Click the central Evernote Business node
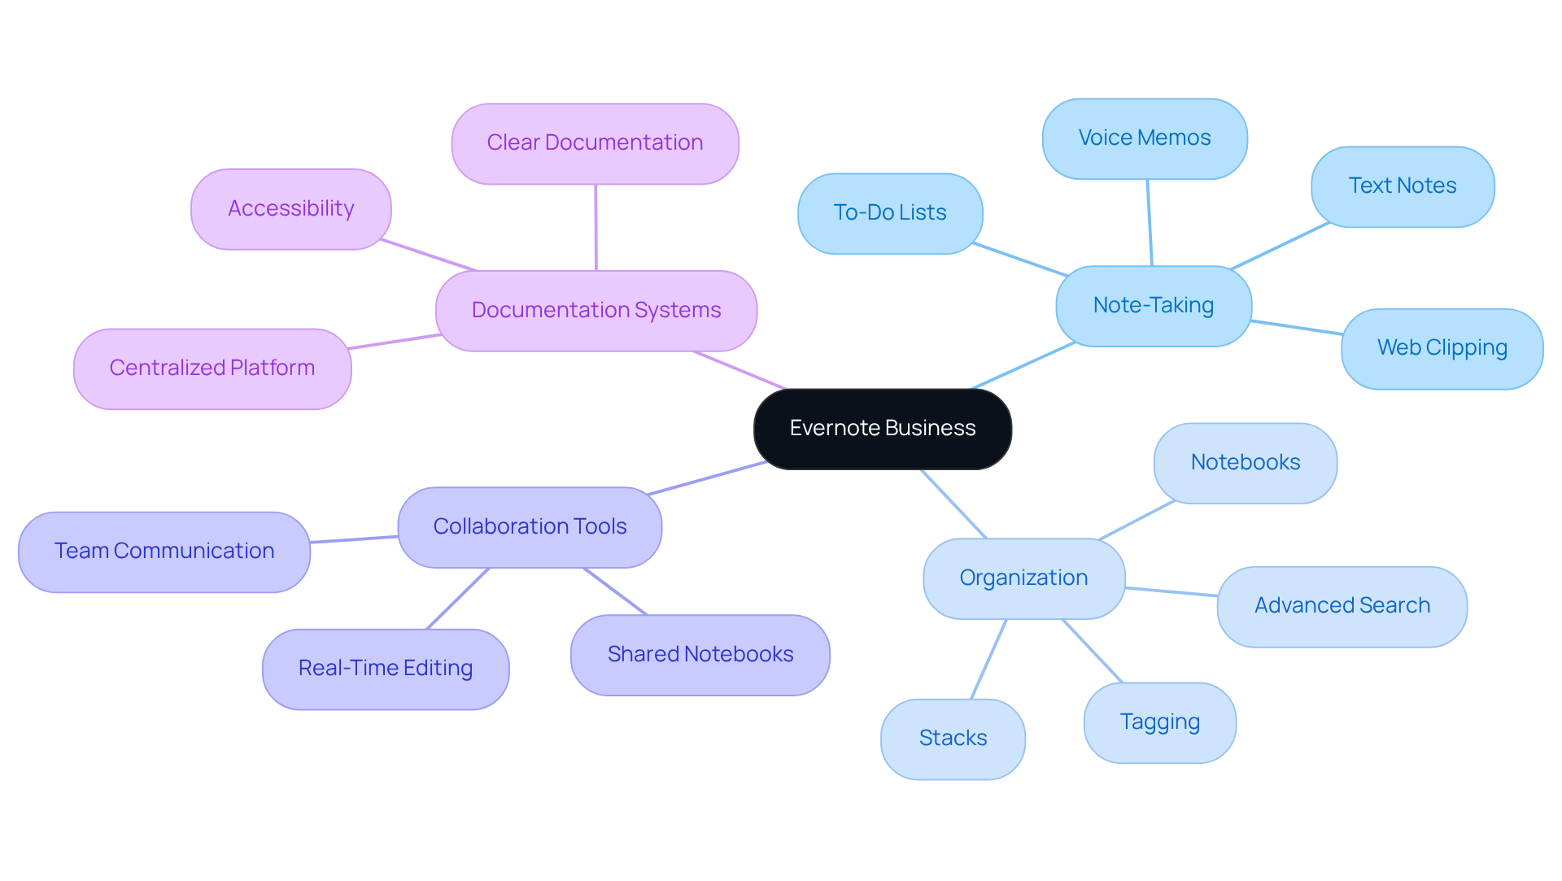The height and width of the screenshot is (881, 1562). (882, 429)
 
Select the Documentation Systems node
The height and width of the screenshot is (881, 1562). (596, 311)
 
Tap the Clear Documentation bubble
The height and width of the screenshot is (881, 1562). (595, 143)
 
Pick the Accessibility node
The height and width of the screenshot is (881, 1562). (290, 209)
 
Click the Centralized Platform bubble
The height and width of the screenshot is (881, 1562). (212, 369)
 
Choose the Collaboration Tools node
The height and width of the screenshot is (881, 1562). (530, 527)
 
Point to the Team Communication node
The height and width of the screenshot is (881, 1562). (164, 552)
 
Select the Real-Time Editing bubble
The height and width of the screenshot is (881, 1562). (385, 669)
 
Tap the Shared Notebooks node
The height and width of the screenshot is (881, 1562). (700, 655)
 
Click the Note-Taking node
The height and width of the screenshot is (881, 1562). (1153, 306)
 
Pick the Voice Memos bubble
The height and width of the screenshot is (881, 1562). (1144, 138)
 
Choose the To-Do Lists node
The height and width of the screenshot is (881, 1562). (889, 213)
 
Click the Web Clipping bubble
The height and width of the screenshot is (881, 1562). (1442, 348)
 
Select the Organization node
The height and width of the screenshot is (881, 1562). (1023, 578)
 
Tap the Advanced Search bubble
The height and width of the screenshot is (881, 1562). (1342, 606)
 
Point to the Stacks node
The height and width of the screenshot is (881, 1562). (953, 739)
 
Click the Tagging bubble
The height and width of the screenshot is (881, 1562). (1159, 722)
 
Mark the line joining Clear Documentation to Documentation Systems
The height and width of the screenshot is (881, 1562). (596, 228)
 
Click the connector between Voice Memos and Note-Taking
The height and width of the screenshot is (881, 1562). (1149, 222)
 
